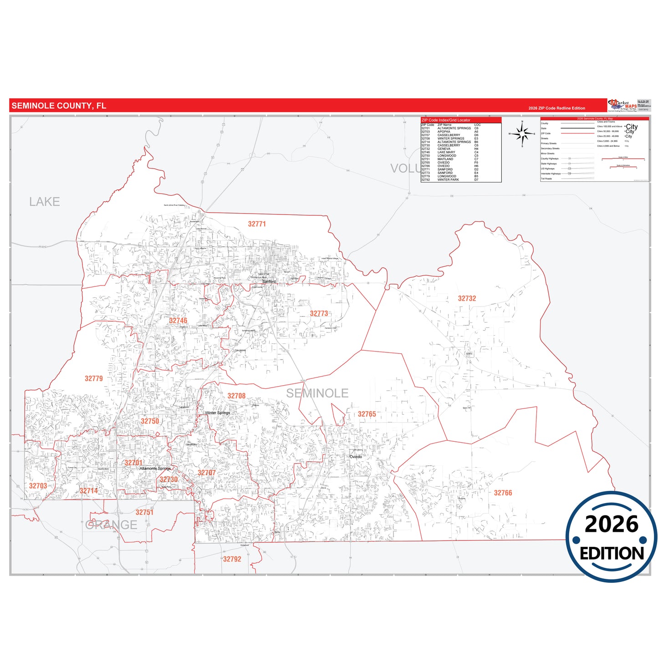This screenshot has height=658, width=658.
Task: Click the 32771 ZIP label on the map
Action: pos(257,224)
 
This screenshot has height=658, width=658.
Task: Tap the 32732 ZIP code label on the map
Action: pos(467,299)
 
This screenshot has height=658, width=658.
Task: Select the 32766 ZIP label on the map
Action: pos(503,493)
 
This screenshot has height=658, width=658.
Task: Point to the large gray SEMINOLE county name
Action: pos(317,393)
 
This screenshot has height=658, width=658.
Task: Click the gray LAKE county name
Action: pos(45,202)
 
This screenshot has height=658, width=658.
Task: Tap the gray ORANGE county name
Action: pos(111,525)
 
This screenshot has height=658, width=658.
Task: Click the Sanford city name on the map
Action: pos(269,281)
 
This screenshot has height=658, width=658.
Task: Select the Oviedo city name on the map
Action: pos(356,457)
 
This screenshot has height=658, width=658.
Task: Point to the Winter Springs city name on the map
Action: pos(217,413)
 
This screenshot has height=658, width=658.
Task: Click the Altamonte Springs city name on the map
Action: pos(155,469)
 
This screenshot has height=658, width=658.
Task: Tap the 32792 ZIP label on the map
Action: pos(232,559)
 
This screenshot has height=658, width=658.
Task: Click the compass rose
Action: pos(522,134)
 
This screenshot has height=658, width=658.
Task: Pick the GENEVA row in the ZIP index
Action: pos(444,149)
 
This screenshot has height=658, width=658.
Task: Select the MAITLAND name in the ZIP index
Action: pos(445,159)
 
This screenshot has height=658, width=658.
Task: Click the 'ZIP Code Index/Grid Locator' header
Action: pos(446,120)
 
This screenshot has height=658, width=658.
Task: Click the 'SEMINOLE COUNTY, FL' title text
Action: pos(59,106)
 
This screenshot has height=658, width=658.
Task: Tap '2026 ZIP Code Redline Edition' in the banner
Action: pos(556,108)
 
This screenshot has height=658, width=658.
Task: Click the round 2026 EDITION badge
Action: pos(612,537)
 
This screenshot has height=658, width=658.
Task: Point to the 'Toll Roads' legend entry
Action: pos(546,179)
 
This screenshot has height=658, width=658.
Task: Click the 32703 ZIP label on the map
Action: pos(38,486)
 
